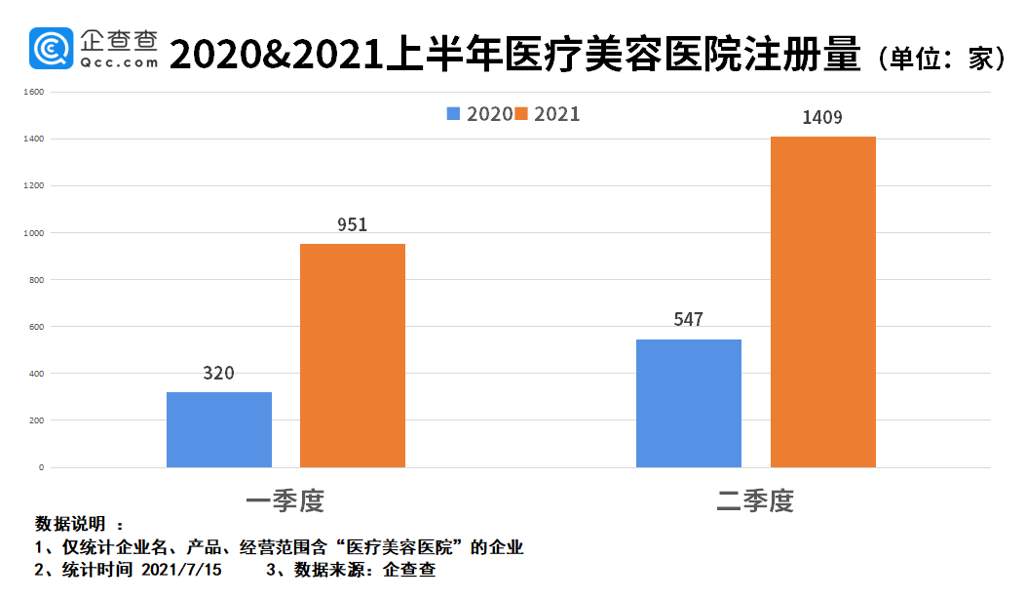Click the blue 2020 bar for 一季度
[219, 429]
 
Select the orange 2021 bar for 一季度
[353, 355]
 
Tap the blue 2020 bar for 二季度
[689, 403]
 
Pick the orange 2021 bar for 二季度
[823, 301]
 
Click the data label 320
[219, 374]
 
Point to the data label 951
[353, 224]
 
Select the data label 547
[688, 320]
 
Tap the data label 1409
[822, 117]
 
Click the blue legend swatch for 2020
[454, 114]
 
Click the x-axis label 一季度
[285, 501]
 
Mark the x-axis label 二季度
[755, 501]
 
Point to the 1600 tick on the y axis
[33, 93]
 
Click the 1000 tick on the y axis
[33, 233]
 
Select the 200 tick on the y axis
[35, 420]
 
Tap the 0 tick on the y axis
[41, 467]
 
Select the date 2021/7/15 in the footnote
[181, 571]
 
